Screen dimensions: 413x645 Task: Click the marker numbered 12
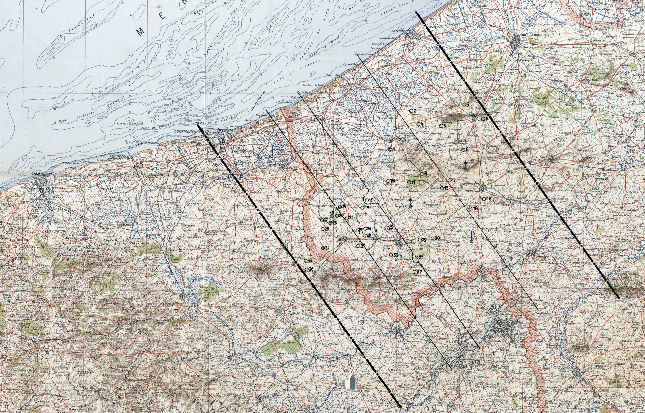(x=450, y=180)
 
